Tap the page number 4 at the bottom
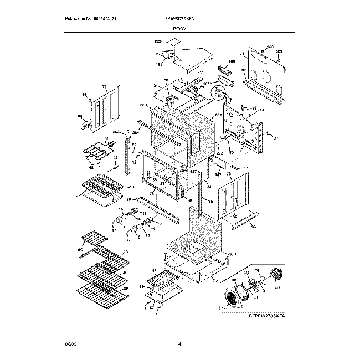[x=179, y=344]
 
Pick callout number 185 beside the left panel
[x=84, y=95]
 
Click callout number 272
[x=219, y=152]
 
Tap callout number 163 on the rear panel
[x=271, y=47]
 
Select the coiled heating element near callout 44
[x=97, y=150]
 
